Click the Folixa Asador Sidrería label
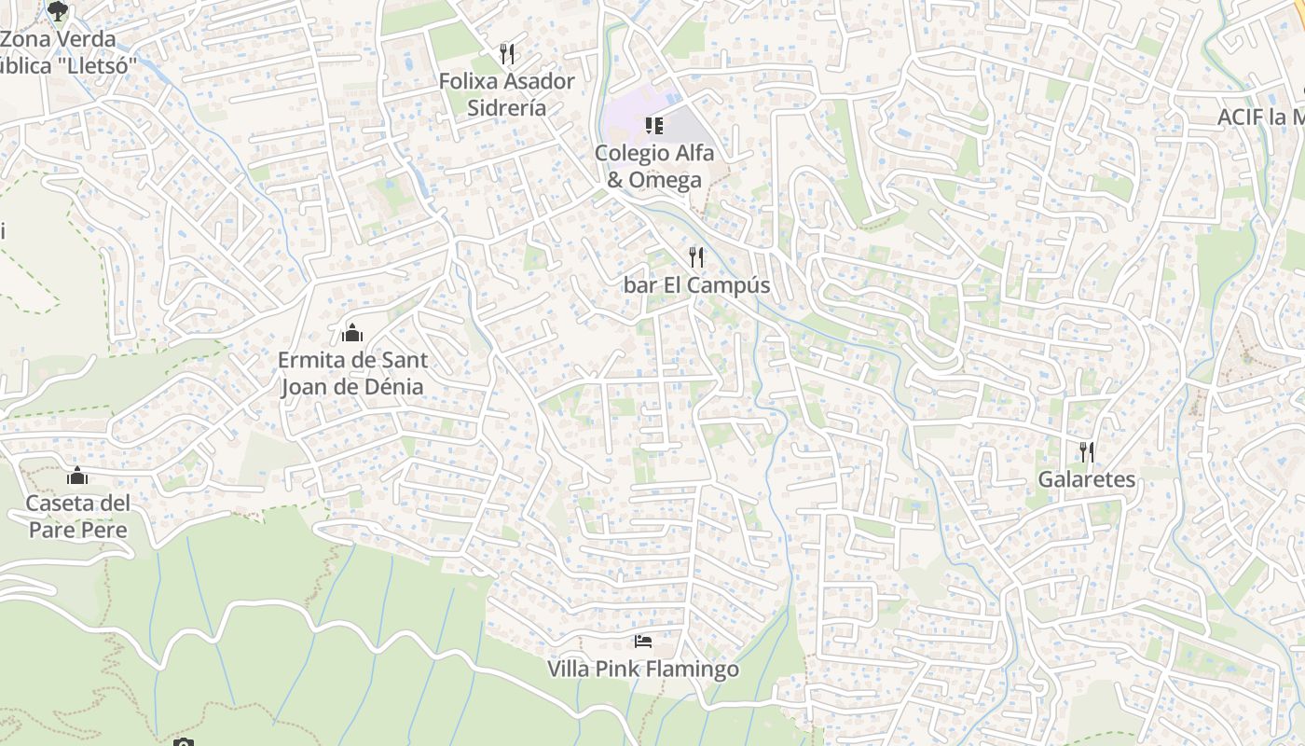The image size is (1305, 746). [x=507, y=94]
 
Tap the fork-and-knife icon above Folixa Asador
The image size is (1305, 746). [x=507, y=53]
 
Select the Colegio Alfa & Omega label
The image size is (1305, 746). [x=654, y=166]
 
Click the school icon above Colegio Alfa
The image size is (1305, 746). [x=654, y=125]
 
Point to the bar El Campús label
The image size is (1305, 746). [x=697, y=285]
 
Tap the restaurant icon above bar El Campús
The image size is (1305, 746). [x=697, y=257]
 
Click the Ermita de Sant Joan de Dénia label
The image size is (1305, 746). [x=353, y=373]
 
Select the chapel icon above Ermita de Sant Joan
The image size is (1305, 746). [x=353, y=332]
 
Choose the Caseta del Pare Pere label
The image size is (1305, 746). [x=77, y=517]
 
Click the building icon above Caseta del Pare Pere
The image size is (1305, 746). [x=77, y=477]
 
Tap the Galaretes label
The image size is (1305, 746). [x=1087, y=479]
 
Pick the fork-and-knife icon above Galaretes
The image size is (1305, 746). [x=1087, y=452]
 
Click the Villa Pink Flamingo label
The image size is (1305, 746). [x=643, y=670]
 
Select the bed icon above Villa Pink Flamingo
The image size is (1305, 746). [x=643, y=642]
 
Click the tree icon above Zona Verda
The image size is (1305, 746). [x=58, y=11]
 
